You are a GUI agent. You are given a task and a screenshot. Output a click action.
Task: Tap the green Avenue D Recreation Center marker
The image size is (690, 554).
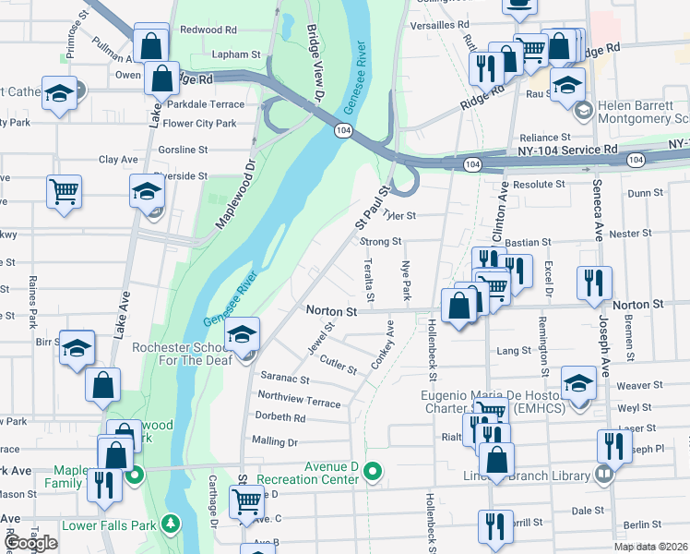[373, 472]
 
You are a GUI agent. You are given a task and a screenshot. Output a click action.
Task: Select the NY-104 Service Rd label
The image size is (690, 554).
[567, 149]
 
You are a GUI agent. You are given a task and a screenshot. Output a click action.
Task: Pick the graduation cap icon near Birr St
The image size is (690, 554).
[77, 348]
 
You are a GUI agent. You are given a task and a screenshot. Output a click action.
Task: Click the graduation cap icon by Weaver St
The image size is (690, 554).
[578, 383]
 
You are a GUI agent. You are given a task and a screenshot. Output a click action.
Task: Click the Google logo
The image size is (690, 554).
[30, 543]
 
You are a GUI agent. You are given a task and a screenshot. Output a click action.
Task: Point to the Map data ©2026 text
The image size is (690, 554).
[650, 547]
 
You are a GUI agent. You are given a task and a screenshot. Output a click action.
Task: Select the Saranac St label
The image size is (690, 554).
[284, 378]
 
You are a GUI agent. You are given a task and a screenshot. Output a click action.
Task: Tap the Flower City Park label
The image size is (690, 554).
[201, 123]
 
